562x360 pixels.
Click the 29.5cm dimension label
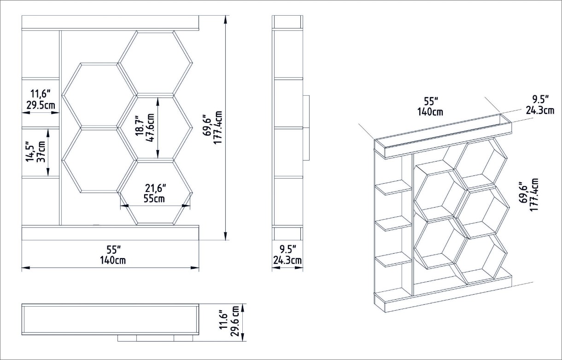[x=41, y=105]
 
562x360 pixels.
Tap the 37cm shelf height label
[x=41, y=152]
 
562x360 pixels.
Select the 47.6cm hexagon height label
[x=150, y=128]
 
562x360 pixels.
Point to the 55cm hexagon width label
[x=154, y=199]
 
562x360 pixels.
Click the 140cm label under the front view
[x=113, y=261]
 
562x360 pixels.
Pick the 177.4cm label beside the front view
[x=218, y=128]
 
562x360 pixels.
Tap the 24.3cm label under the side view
[x=287, y=261]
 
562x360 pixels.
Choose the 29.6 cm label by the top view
[x=235, y=321]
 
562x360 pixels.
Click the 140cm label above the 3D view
[x=430, y=112]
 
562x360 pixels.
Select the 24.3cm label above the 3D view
[x=540, y=110]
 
